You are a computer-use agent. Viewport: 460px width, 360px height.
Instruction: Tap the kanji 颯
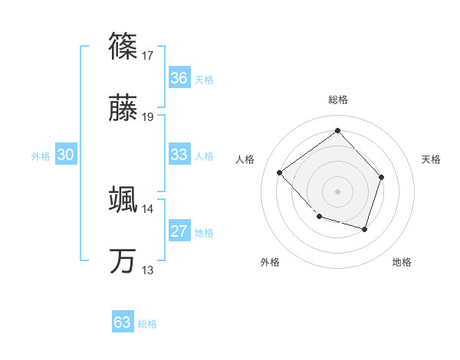click(x=123, y=199)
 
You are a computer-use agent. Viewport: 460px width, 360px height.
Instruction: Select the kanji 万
click(x=123, y=261)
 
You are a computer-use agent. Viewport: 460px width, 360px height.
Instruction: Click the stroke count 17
click(x=148, y=56)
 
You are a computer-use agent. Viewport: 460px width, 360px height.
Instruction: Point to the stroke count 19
click(x=148, y=117)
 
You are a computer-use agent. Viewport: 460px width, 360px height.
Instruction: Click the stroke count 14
click(x=148, y=208)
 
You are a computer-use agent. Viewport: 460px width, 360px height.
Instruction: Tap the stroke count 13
click(x=148, y=270)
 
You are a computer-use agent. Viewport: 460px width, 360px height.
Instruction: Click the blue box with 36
click(x=179, y=77)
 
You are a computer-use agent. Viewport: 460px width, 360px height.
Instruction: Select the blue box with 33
click(x=179, y=155)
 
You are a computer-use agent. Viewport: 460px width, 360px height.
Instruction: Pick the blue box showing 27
click(x=179, y=231)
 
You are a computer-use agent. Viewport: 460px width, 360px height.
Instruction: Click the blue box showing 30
click(x=66, y=155)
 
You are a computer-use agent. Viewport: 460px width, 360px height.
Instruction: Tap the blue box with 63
click(x=123, y=322)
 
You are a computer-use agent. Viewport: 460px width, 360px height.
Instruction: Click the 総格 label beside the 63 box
click(x=147, y=324)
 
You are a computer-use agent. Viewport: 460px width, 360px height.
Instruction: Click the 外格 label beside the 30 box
click(x=41, y=156)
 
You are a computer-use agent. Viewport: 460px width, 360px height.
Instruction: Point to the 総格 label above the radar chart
click(x=337, y=100)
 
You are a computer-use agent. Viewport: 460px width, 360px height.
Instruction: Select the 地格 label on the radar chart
click(x=402, y=262)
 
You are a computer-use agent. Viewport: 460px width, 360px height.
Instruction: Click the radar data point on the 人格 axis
click(x=280, y=172)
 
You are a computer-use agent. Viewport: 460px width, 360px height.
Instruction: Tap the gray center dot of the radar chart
click(x=337, y=191)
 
